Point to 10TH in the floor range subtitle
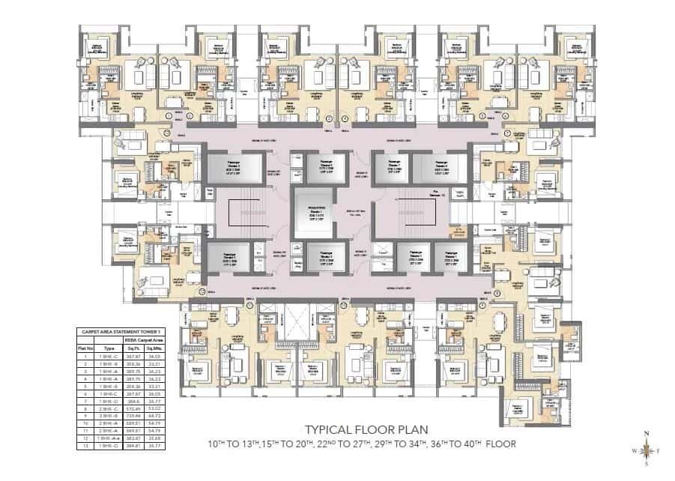click(219, 444)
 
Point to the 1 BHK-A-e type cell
click(109, 438)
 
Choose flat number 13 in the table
click(85, 444)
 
